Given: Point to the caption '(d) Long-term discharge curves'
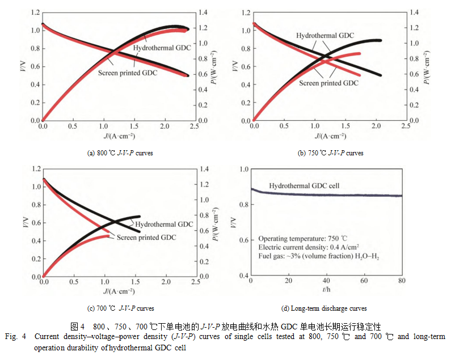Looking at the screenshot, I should [323, 308].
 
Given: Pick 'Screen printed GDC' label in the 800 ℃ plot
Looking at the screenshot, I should [128, 72].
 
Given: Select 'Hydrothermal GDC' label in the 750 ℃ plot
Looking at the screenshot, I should [324, 36].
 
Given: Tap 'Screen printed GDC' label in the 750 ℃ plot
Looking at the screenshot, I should [329, 83].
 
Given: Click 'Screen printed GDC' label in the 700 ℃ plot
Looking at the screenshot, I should [146, 238].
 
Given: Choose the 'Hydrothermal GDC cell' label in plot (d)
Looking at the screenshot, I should [304, 185].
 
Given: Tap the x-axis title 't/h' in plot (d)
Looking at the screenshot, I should [326, 290].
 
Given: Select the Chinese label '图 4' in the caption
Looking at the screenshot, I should [78, 327].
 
